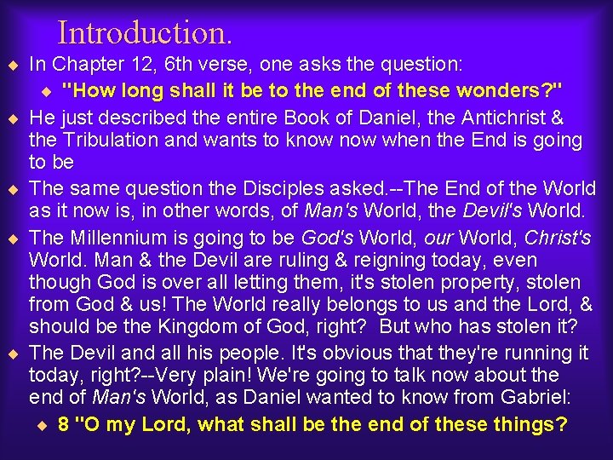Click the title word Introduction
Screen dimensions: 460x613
145,32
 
